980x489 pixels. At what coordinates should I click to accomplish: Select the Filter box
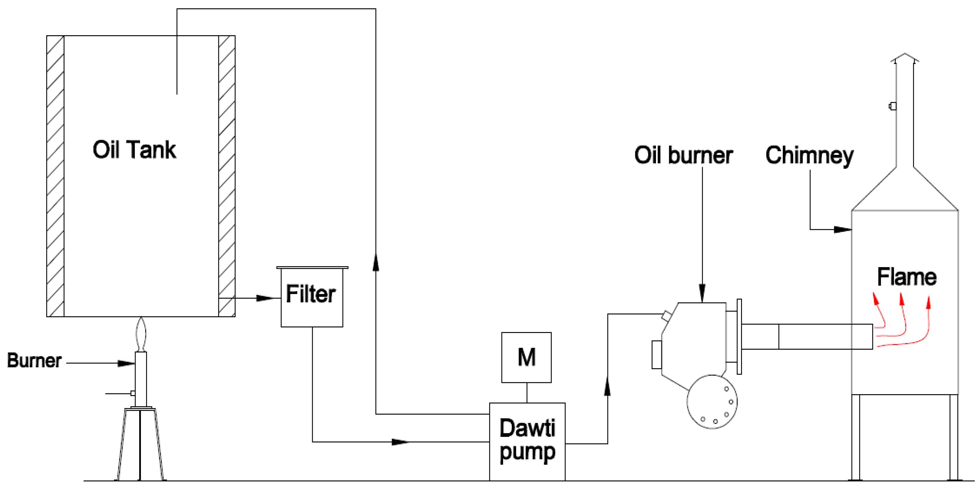pos(312,297)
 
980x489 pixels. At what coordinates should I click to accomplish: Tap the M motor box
pos(526,357)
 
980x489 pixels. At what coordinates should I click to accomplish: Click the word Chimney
pos(809,155)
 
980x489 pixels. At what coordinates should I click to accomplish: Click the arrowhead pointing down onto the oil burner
pos(702,293)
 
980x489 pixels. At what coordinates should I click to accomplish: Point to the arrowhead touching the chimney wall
pos(842,230)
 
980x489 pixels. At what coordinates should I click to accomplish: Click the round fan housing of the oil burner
pos(712,402)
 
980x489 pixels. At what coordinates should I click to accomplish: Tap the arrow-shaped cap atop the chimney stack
pos(905,58)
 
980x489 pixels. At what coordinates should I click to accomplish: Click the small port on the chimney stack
pos(892,106)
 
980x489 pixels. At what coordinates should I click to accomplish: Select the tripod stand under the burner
pos(140,444)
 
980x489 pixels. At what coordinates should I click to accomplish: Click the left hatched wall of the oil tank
pos(55,176)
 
